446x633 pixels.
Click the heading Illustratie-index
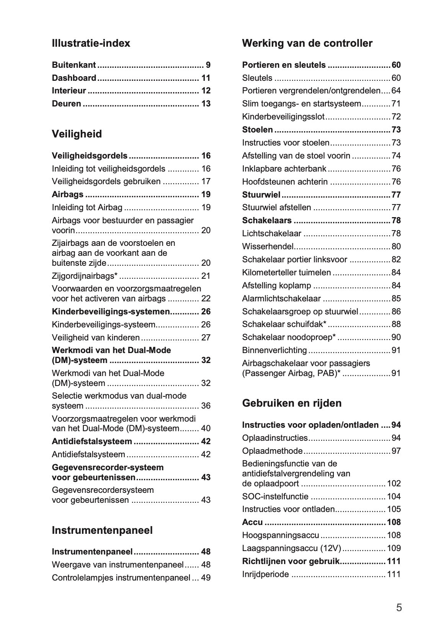(x=91, y=43)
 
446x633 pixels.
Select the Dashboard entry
(x=74, y=78)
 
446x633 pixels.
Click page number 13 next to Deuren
(x=206, y=104)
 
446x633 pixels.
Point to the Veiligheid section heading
(x=77, y=134)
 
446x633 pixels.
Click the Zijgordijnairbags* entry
(x=85, y=276)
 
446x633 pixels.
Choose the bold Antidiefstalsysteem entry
(x=92, y=442)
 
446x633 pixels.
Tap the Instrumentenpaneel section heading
(x=102, y=530)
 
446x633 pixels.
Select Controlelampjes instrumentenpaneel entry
(x=121, y=577)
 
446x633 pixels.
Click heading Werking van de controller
(x=307, y=43)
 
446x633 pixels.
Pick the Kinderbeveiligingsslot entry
(x=283, y=117)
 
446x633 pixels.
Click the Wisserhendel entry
(x=268, y=247)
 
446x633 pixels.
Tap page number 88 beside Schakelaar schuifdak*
(x=396, y=324)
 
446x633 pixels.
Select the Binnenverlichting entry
(x=274, y=350)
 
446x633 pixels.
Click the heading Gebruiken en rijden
(x=292, y=403)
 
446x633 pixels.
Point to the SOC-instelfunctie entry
(x=275, y=497)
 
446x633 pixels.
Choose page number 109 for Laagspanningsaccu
(x=394, y=548)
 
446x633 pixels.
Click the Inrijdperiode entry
(x=265, y=574)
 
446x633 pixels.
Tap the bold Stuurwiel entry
(x=261, y=195)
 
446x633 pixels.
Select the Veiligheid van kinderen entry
(x=96, y=338)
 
